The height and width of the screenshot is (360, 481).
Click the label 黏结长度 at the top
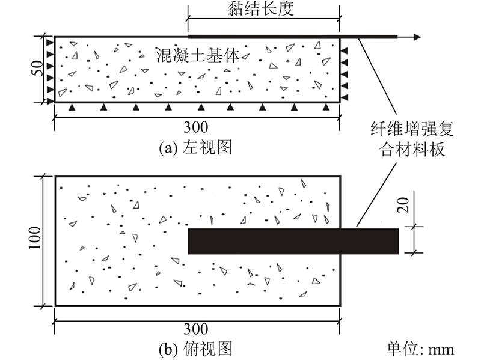tap(260, 8)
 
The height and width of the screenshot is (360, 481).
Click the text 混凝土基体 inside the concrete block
tap(198, 55)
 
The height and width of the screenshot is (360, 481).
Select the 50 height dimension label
tap(37, 68)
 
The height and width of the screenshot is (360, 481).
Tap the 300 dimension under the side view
tap(196, 127)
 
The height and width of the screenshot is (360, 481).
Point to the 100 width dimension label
tap(35, 238)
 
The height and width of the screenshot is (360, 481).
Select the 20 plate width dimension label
tap(403, 205)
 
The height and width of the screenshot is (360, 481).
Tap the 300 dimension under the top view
tap(196, 329)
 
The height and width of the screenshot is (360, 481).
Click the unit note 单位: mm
tap(420, 349)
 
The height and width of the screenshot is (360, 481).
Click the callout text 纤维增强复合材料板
tap(412, 139)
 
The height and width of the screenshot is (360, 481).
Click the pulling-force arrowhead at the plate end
tap(417, 37)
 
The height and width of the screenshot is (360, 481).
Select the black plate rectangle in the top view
tap(293, 241)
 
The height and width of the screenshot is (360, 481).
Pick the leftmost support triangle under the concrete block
tap(72, 107)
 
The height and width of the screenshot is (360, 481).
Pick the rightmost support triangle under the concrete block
tap(326, 107)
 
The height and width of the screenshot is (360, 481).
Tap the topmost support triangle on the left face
tap(50, 43)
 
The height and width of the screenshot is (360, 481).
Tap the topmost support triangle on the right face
tap(345, 50)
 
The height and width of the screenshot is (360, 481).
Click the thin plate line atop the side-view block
tap(293, 37)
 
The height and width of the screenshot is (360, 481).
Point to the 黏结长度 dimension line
tap(263, 19)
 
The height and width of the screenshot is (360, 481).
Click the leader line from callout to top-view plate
tap(376, 195)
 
